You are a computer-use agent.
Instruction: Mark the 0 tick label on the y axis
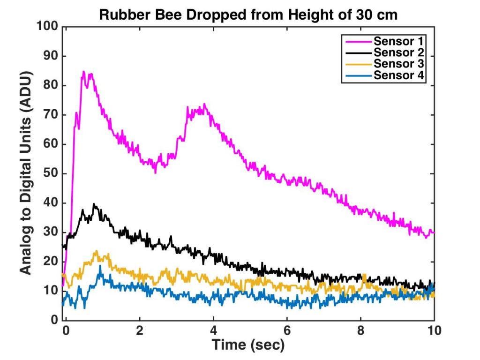tap(54, 321)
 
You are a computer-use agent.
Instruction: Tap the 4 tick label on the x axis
tap(213, 330)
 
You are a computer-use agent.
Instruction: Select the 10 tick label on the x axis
tap(434, 330)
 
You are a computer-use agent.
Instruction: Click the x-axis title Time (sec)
tap(248, 345)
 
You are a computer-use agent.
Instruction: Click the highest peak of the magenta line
tap(83, 72)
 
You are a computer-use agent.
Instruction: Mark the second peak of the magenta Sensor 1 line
tap(204, 104)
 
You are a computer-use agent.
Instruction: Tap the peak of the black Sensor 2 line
tap(94, 204)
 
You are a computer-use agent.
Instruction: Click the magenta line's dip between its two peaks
tap(156, 172)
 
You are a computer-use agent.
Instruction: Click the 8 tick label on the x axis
tap(360, 330)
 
